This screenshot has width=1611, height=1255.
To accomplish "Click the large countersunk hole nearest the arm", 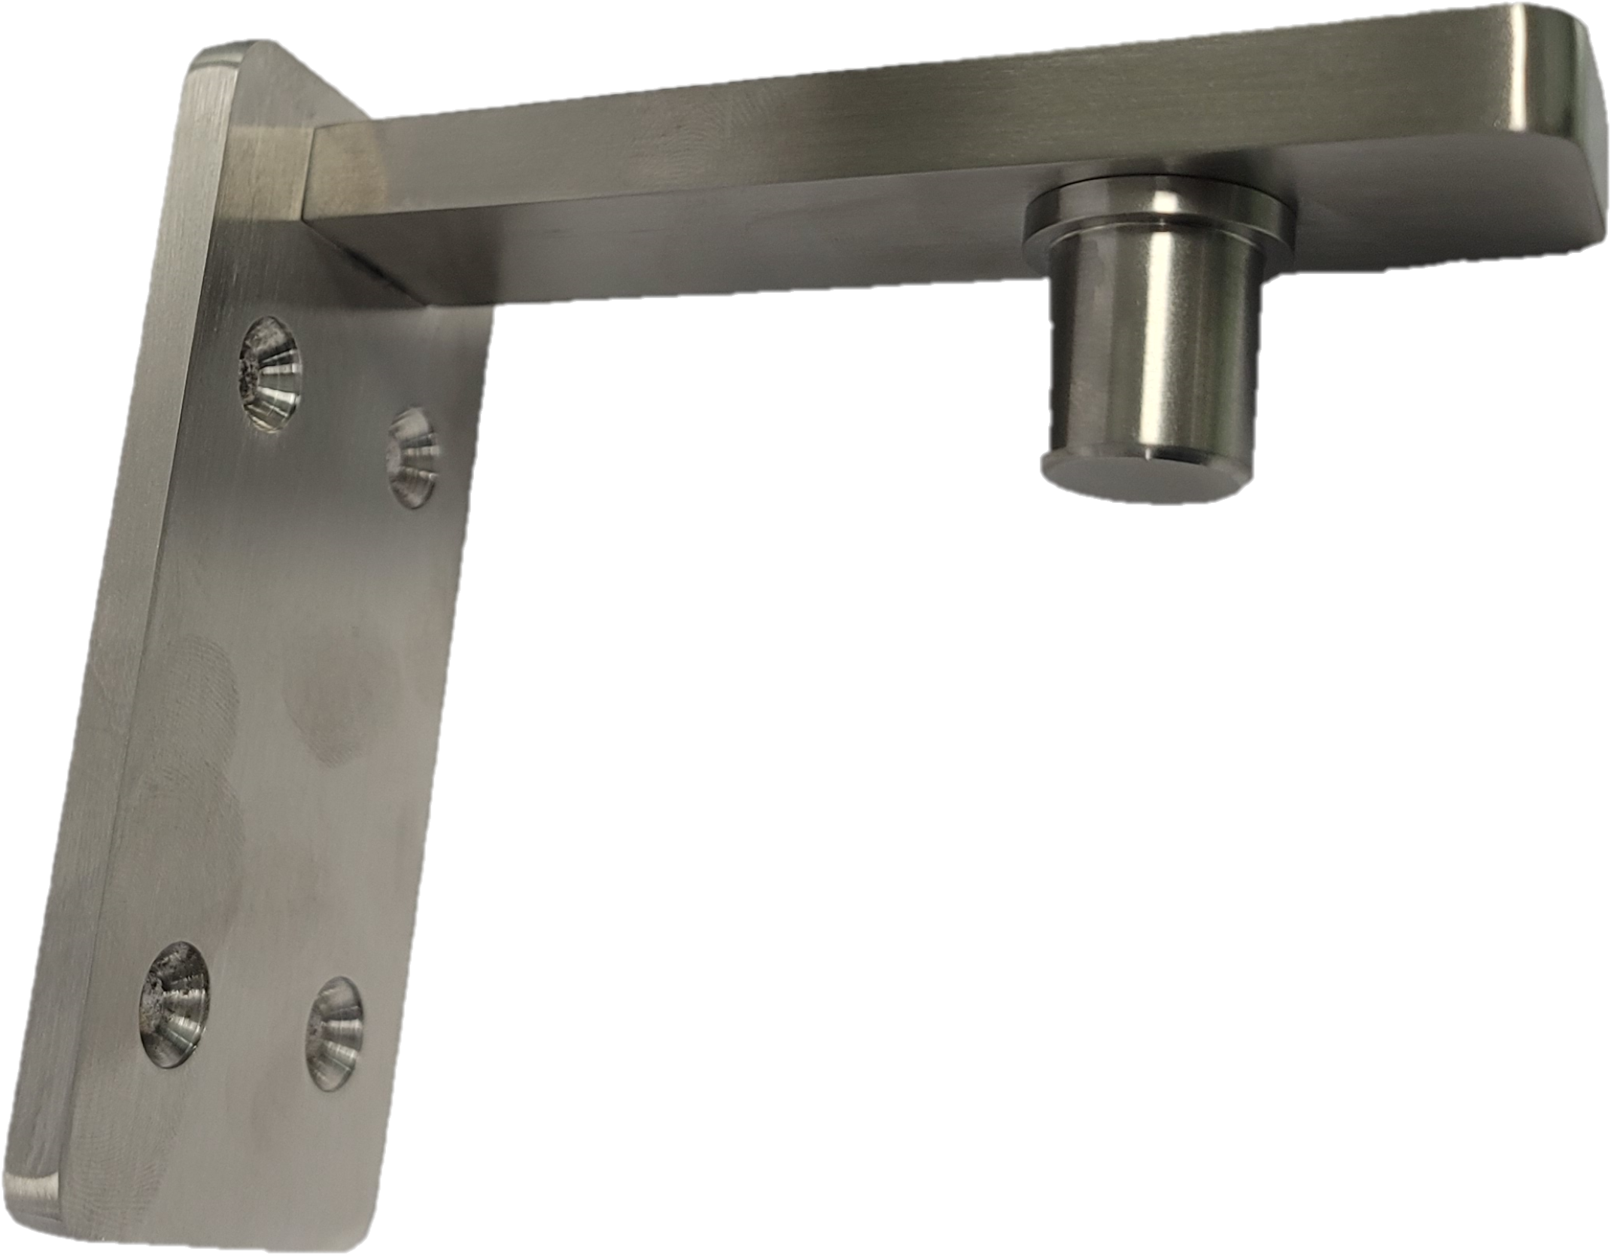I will coord(269,374).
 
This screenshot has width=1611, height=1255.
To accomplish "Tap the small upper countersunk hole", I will coord(412,458).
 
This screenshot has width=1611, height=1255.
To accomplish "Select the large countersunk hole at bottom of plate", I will coord(175,1004).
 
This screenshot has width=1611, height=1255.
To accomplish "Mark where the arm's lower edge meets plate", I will coord(421,301).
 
